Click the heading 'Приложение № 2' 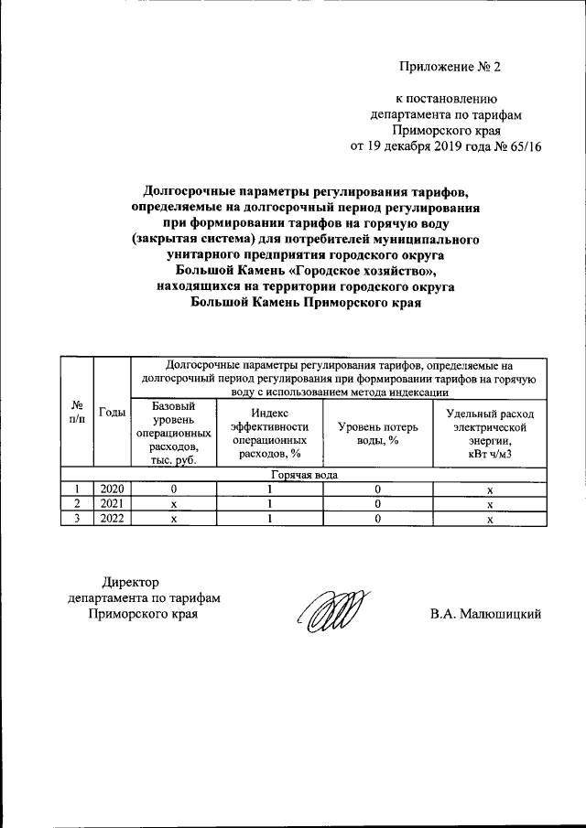[451, 66]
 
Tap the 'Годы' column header [113, 413]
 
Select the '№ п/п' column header [77, 413]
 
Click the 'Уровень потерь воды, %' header [378, 434]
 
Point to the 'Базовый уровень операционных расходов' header [173, 433]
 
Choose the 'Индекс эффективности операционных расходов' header [270, 433]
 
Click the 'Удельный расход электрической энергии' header [490, 433]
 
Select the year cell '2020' [112, 489]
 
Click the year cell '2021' [112, 504]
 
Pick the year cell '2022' [112, 519]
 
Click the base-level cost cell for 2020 [173, 489]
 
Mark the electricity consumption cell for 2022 [490, 519]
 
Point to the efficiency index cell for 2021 [270, 504]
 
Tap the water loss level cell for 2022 [378, 519]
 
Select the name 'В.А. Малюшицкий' [486, 614]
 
